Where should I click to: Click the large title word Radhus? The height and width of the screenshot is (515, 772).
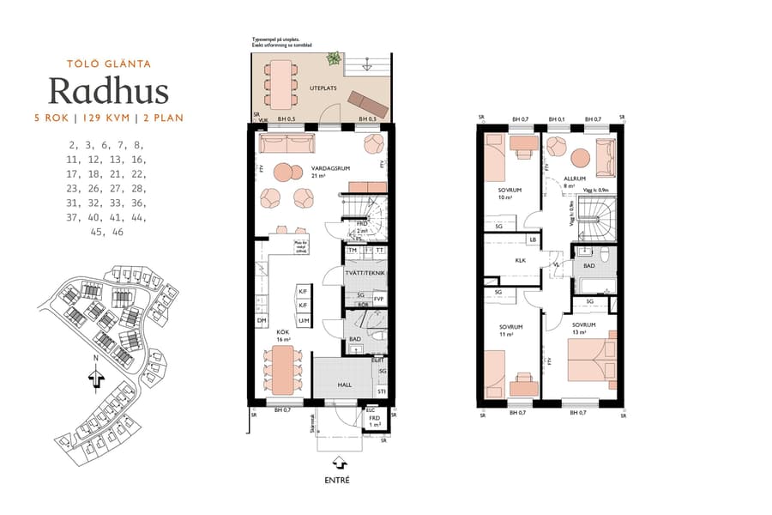click(108, 90)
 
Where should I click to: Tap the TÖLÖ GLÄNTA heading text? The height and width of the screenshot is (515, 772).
click(108, 63)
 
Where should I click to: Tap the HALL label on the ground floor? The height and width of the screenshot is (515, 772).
click(344, 385)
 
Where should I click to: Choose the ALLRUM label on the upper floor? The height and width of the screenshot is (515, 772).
click(562, 178)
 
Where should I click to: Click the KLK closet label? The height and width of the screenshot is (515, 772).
click(520, 260)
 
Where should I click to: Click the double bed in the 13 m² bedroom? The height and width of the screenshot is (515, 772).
click(593, 360)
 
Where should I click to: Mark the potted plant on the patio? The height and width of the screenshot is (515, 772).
click(333, 60)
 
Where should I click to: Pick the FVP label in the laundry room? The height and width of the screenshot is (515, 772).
click(378, 299)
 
